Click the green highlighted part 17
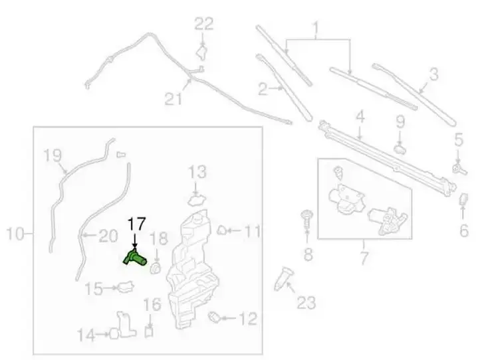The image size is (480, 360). [x=135, y=258]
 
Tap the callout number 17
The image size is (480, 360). [x=136, y=225]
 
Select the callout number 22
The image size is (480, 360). [x=204, y=24]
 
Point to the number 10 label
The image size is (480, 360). [x=15, y=234]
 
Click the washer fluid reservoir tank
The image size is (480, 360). [x=192, y=269]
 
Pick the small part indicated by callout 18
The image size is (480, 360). [x=156, y=268]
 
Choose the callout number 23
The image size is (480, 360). [x=306, y=302]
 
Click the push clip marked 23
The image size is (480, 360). [x=283, y=278]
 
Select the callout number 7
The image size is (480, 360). [x=364, y=258]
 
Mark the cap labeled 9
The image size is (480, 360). [x=400, y=150]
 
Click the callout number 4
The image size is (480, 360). [x=360, y=117]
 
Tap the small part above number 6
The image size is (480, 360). [x=463, y=199]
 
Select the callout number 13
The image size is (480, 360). [x=197, y=172]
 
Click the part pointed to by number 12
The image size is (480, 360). [x=215, y=317]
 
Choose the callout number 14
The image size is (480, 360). [x=86, y=335]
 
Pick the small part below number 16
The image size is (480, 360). [x=149, y=332]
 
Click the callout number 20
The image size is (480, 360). [x=108, y=236]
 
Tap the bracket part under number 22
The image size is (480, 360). [x=201, y=52]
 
